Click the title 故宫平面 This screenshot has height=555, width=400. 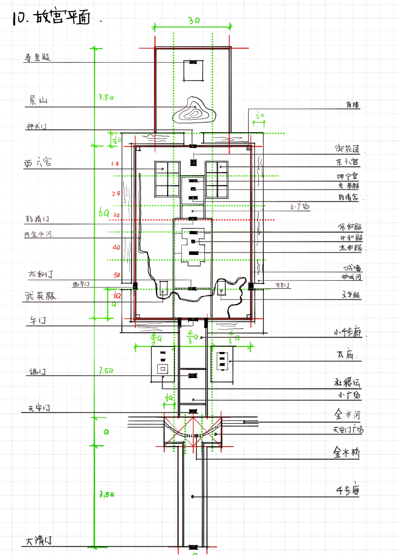click(62, 17)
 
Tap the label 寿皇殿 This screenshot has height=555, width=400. click(37, 57)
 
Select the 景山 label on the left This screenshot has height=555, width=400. click(38, 100)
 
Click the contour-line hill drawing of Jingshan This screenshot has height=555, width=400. click(193, 111)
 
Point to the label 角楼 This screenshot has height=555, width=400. click(353, 105)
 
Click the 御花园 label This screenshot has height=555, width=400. click(347, 149)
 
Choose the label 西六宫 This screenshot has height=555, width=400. click(38, 162)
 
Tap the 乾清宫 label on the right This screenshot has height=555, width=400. click(348, 197)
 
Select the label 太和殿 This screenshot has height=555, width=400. click(350, 248)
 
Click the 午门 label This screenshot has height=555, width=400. click(38, 320)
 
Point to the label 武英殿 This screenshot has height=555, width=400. click(40, 296)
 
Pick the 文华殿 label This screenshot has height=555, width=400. click(350, 295)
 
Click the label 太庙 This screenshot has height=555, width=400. click(345, 355)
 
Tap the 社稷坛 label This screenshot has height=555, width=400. click(347, 382)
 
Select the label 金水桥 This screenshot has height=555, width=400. click(346, 452)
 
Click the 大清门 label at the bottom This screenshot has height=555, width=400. click(39, 541)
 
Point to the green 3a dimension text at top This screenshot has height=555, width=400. click(194, 20)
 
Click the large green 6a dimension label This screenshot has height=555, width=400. click(104, 212)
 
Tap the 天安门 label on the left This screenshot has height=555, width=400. click(39, 408)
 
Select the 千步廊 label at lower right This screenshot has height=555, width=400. click(347, 491)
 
